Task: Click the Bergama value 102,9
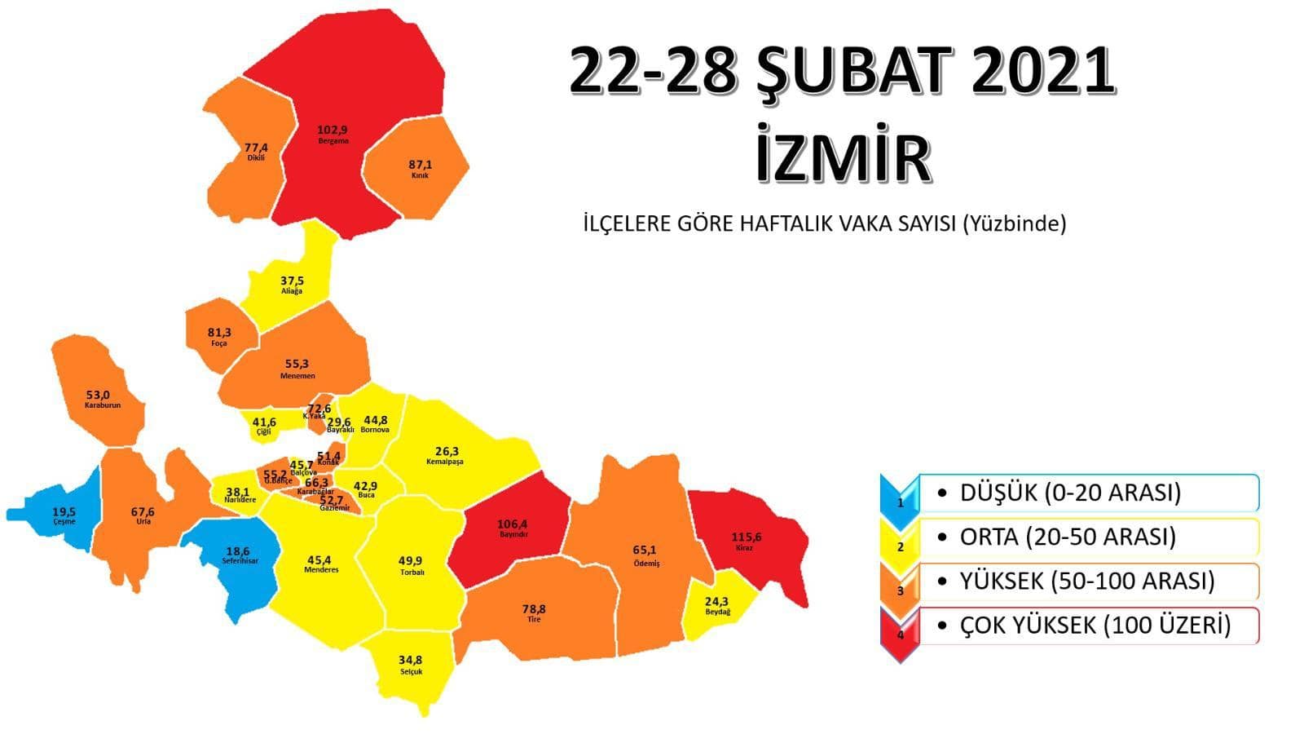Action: (332, 129)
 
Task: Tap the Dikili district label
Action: (256, 158)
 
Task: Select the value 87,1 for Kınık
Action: (421, 165)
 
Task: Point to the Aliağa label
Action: (292, 291)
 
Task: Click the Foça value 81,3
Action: (219, 333)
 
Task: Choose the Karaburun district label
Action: (103, 405)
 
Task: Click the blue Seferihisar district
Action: (240, 563)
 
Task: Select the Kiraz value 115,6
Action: (746, 537)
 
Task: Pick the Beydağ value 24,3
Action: (717, 601)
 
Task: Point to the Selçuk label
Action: (412, 672)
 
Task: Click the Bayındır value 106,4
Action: (513, 524)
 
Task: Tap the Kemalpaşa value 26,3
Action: (447, 452)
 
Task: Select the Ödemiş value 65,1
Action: (644, 550)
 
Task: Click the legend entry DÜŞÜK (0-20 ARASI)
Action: (1070, 493)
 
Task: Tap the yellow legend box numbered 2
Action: (901, 538)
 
